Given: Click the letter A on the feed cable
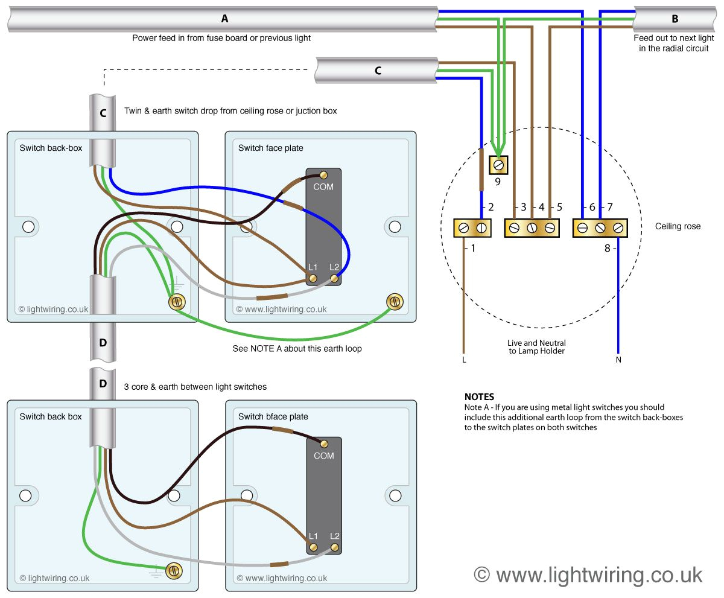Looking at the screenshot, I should coord(224,19).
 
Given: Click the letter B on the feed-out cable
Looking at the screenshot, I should coord(674,19).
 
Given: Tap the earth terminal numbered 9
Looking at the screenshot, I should coord(499,164).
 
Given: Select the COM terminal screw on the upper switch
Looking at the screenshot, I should coord(324,175).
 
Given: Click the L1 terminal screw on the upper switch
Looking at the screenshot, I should coord(313,278).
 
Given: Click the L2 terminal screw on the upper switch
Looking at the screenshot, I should coord(334,278).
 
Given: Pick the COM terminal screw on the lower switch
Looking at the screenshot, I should coord(324,444).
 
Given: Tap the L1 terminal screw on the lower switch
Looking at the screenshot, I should coord(313,547).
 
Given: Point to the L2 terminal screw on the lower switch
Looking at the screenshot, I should coord(334,547).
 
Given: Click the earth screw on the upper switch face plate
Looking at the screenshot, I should coord(395,301).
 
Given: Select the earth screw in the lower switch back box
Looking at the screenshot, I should coord(174,570).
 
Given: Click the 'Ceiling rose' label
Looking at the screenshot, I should coord(678,226).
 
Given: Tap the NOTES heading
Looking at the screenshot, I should coord(479,396).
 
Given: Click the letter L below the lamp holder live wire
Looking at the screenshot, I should coord(464,360).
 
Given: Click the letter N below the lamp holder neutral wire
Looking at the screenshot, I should coord(618,360).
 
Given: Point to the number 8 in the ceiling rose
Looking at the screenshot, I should coord(607,247).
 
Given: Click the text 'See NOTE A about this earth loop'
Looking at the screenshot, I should coord(297,349).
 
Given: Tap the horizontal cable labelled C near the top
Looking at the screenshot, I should coord(377,71).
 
